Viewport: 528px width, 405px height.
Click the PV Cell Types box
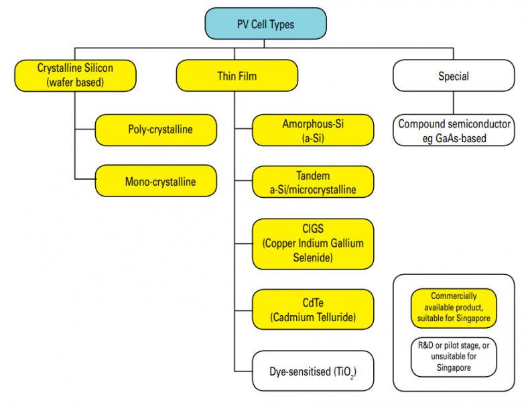265,25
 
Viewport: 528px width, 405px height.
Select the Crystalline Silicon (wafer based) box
74,76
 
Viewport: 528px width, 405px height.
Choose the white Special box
453,76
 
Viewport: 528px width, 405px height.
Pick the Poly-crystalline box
155,129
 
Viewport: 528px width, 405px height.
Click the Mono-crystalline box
155,182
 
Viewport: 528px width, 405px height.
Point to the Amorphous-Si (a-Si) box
312,130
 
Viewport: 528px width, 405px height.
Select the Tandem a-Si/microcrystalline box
312,182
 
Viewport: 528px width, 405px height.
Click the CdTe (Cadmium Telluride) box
312,309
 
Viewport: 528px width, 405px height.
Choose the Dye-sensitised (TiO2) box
312,371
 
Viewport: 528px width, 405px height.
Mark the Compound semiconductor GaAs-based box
454,131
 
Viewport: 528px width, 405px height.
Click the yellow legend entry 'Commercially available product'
454,306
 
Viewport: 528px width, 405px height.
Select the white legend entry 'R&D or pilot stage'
454,357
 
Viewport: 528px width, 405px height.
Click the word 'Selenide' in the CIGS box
312,257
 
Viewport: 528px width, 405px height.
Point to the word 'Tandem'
312,176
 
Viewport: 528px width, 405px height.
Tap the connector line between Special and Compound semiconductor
454,103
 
